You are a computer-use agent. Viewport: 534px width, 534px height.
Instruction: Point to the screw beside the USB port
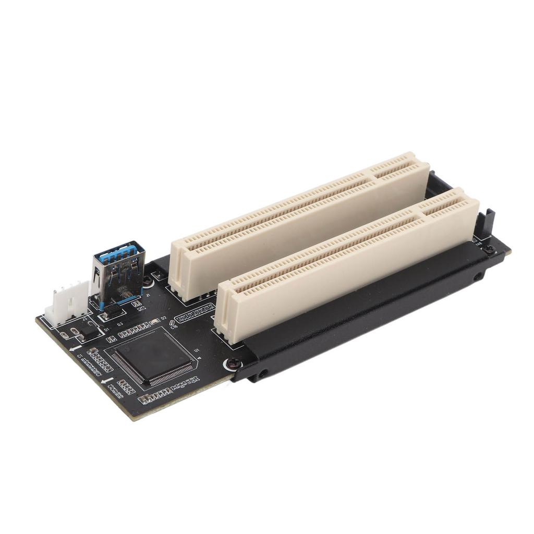tap(148, 281)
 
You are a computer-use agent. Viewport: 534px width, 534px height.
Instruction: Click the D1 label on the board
tap(106, 330)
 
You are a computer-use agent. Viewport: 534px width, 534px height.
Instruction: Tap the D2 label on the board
tap(164, 318)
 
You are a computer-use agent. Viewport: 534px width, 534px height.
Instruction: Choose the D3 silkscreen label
tap(119, 324)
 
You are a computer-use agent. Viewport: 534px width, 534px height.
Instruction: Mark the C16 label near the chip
tap(174, 327)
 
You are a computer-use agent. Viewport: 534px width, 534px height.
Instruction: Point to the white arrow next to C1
tap(75, 347)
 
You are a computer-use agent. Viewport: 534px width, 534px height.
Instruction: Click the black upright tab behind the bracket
tap(489, 222)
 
